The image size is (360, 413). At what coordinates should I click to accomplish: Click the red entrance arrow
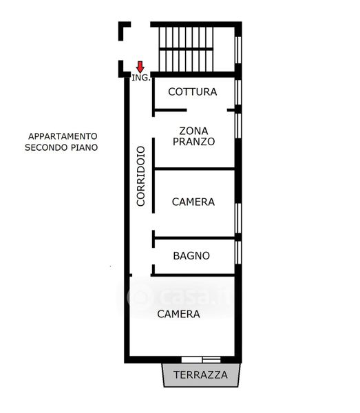click(140, 67)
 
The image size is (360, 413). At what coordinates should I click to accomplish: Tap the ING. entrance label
click(141, 78)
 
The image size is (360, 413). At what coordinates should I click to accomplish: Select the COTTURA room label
click(193, 92)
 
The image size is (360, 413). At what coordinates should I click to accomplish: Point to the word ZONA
click(193, 131)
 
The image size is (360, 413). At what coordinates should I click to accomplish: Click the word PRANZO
click(193, 141)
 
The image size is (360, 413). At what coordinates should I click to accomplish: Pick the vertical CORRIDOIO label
click(141, 176)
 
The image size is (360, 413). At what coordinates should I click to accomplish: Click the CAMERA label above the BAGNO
click(193, 202)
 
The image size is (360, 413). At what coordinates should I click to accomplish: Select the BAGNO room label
click(191, 256)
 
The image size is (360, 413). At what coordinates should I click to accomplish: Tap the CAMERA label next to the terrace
click(178, 314)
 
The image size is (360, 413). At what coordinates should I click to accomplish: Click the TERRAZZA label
click(200, 375)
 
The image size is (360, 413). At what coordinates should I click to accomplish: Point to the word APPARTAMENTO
click(63, 136)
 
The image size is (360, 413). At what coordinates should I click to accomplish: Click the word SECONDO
click(46, 147)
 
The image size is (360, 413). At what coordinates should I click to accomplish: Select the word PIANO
click(84, 147)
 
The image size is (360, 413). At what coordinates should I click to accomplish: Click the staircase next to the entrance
click(186, 49)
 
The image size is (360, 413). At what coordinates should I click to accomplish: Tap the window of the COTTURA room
click(238, 92)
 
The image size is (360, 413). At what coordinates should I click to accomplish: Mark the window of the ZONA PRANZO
click(238, 126)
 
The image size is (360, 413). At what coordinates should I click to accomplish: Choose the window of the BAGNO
click(238, 253)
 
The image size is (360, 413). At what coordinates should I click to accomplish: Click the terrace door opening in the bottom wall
click(201, 359)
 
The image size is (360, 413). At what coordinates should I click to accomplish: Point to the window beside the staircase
click(238, 50)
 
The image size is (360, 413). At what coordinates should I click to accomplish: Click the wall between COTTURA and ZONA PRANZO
click(171, 110)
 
